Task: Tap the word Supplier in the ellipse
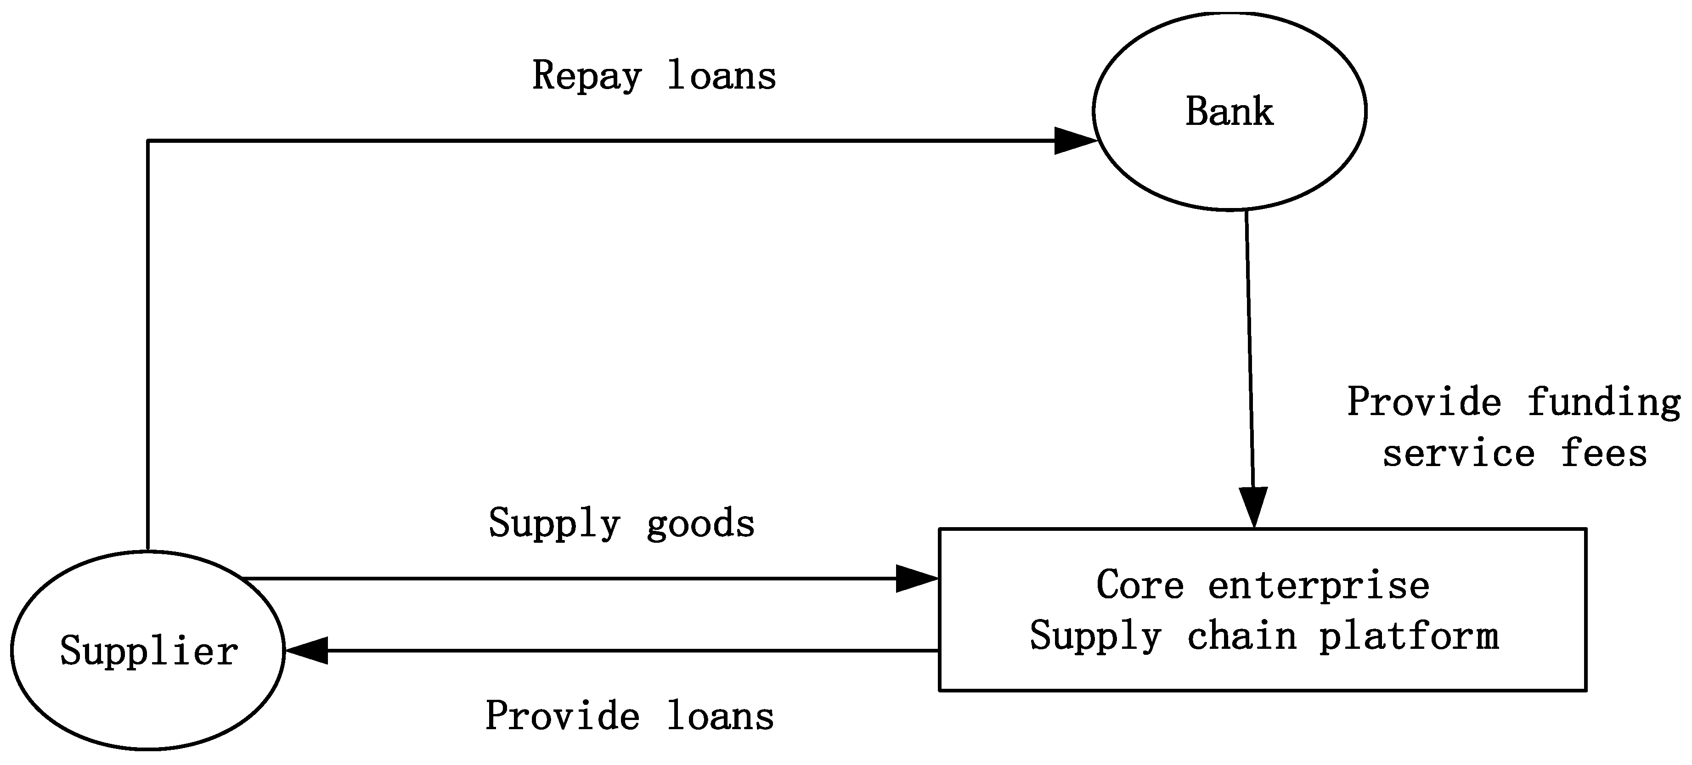point(149,652)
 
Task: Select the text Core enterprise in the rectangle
point(1263,585)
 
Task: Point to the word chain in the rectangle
point(1241,636)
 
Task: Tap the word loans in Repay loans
point(721,75)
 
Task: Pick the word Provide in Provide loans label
point(562,716)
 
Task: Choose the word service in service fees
point(1458,454)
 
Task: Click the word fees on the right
point(1604,453)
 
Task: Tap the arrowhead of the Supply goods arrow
point(916,579)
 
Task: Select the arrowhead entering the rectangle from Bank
point(1254,507)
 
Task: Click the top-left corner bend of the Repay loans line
point(148,141)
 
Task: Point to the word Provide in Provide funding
point(1424,402)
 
